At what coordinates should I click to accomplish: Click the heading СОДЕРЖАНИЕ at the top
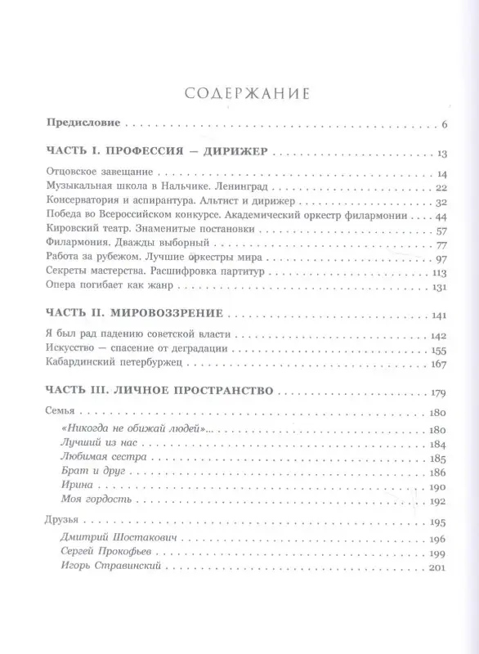pos(240,94)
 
